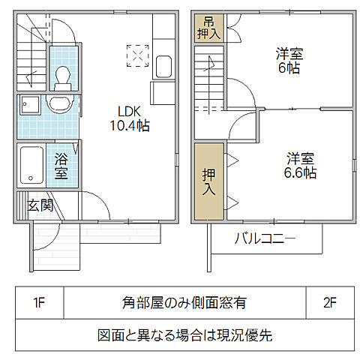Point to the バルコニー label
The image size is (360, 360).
[265, 239]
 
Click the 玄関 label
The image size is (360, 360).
[40, 205]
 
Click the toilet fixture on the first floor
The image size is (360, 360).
[62, 75]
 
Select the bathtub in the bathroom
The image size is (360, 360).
[32, 165]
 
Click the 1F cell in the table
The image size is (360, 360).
[39, 304]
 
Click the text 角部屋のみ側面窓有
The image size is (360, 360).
[184, 304]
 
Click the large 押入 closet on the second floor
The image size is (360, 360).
[208, 181]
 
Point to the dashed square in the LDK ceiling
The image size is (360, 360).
[138, 56]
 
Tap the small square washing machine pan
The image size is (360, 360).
[31, 106]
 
